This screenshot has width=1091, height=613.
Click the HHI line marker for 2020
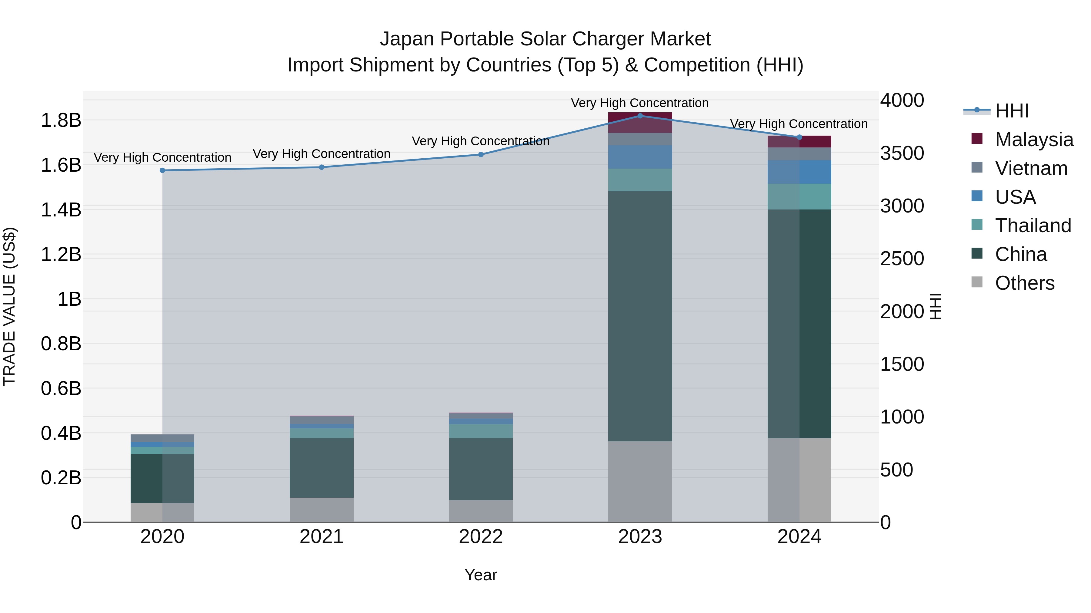(162, 170)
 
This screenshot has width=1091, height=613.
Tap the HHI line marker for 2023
(640, 116)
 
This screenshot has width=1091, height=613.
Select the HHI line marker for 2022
(481, 154)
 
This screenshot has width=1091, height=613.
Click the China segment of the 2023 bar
(640, 316)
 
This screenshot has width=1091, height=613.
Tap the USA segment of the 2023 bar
(640, 157)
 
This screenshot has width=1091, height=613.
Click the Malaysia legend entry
(1033, 140)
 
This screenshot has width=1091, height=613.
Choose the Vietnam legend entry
(1031, 168)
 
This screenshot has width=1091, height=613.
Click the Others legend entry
(1024, 283)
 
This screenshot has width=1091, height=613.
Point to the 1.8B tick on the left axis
(61, 120)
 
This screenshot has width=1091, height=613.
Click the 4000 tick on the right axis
(902, 101)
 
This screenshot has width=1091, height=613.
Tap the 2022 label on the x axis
(481, 537)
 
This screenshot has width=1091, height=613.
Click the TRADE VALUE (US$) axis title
(10, 306)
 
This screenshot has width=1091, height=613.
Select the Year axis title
(481, 575)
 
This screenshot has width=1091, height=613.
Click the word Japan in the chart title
(407, 39)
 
